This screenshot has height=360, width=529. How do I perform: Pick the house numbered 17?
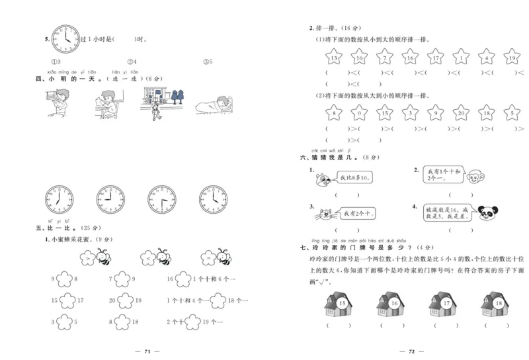pos(446,304)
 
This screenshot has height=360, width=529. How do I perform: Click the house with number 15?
pos(340,304)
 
